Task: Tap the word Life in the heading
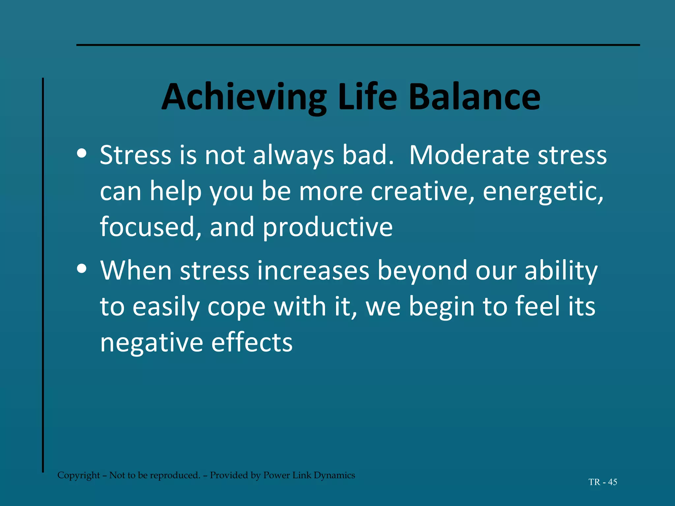point(367,98)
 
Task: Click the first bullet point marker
point(81,153)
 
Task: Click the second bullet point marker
point(81,268)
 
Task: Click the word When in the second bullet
point(136,270)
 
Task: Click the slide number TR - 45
point(602,482)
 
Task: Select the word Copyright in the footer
point(78,475)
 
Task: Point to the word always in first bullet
point(293,155)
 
